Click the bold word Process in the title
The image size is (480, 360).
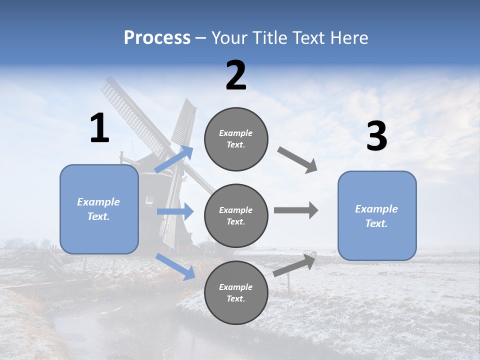click(157, 38)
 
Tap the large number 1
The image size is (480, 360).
click(99, 128)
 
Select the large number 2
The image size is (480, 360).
click(236, 75)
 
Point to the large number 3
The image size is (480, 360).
click(376, 136)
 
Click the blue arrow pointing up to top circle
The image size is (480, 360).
click(174, 159)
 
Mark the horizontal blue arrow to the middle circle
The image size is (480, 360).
click(175, 211)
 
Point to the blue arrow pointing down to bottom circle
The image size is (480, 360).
click(175, 266)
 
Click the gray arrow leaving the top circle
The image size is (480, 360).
click(297, 160)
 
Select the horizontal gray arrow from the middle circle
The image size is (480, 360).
click(295, 210)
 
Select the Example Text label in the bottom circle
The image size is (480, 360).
click(236, 293)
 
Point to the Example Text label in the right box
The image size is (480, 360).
click(376, 216)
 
